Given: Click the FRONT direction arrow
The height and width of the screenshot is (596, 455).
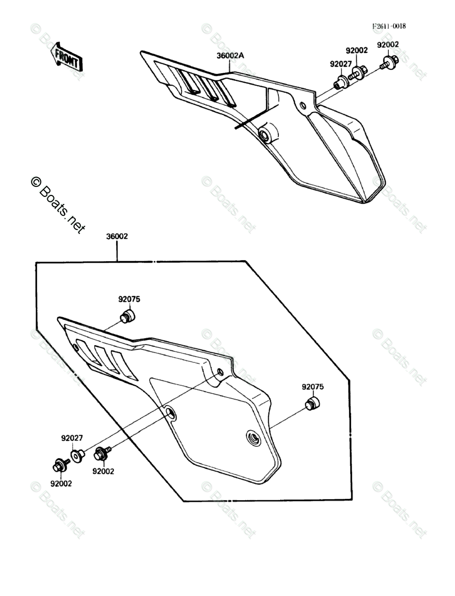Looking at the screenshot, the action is pyautogui.click(x=65, y=57).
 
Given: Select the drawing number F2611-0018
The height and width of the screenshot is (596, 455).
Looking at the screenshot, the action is pyautogui.click(x=388, y=26).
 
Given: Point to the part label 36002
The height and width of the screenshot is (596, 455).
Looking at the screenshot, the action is pyautogui.click(x=117, y=237).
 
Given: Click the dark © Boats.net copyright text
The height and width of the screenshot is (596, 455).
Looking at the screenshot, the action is pyautogui.click(x=58, y=205).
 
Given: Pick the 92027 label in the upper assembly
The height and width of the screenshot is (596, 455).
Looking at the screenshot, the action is pyautogui.click(x=340, y=64).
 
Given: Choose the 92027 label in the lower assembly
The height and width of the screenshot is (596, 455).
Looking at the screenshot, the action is pyautogui.click(x=72, y=438).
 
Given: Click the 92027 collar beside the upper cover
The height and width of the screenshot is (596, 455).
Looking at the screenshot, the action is pyautogui.click(x=339, y=82).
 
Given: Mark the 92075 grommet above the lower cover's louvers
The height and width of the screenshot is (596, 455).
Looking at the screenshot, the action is pyautogui.click(x=127, y=317).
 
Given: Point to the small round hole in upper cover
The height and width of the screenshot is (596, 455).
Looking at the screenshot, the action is pyautogui.click(x=303, y=105).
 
